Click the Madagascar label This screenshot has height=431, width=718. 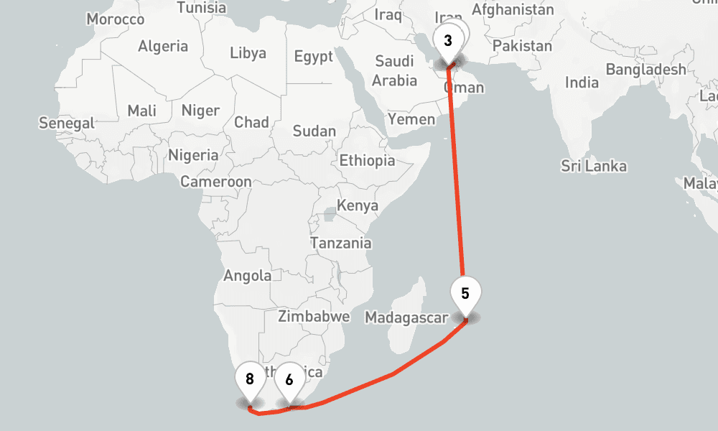(x=406, y=318)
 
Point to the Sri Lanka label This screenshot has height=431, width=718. (x=594, y=167)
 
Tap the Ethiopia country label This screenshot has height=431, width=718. (x=367, y=160)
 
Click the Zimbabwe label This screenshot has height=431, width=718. (x=314, y=316)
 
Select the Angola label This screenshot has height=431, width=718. (x=248, y=275)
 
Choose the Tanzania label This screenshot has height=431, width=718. (x=341, y=243)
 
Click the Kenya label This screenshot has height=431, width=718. (x=358, y=206)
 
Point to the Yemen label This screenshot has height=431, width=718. (x=411, y=119)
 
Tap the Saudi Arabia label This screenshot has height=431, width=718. (x=395, y=70)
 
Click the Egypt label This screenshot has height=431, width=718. (x=314, y=57)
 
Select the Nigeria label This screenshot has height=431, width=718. (x=193, y=155)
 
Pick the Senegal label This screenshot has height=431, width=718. (x=67, y=123)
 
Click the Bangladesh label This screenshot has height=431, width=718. (x=646, y=70)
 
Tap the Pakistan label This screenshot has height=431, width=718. (x=523, y=46)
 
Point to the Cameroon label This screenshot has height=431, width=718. (x=216, y=182)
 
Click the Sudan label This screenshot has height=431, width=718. (x=314, y=131)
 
